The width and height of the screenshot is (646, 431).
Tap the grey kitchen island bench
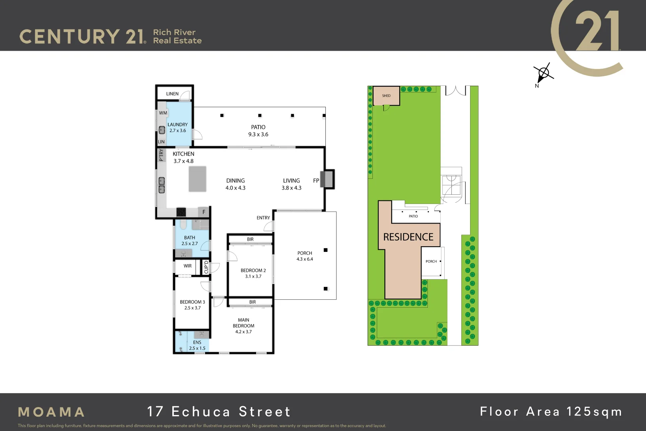point(197,179)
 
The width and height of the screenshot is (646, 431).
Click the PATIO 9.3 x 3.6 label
point(258,130)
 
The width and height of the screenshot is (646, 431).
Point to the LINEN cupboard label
point(172,94)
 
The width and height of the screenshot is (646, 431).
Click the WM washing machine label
point(163,113)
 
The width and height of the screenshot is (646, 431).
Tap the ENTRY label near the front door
point(263,218)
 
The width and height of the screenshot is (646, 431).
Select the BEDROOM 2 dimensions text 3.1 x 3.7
point(253,276)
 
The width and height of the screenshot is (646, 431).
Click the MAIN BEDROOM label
point(243,323)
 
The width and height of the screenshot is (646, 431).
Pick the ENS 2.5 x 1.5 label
point(197,345)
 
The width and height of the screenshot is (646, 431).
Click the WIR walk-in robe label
point(187,266)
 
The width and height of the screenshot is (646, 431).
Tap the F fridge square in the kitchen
point(204,212)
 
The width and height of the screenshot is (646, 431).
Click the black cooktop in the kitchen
point(181,212)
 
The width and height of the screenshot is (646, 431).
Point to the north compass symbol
point(543,73)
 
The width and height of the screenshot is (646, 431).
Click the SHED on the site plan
point(386,96)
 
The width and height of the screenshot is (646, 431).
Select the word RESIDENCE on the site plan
point(408,237)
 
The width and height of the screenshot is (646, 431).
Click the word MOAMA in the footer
point(51,412)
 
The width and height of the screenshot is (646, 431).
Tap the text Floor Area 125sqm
point(551,411)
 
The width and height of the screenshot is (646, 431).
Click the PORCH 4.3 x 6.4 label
point(305,256)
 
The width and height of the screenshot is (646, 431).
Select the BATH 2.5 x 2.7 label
point(189,240)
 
